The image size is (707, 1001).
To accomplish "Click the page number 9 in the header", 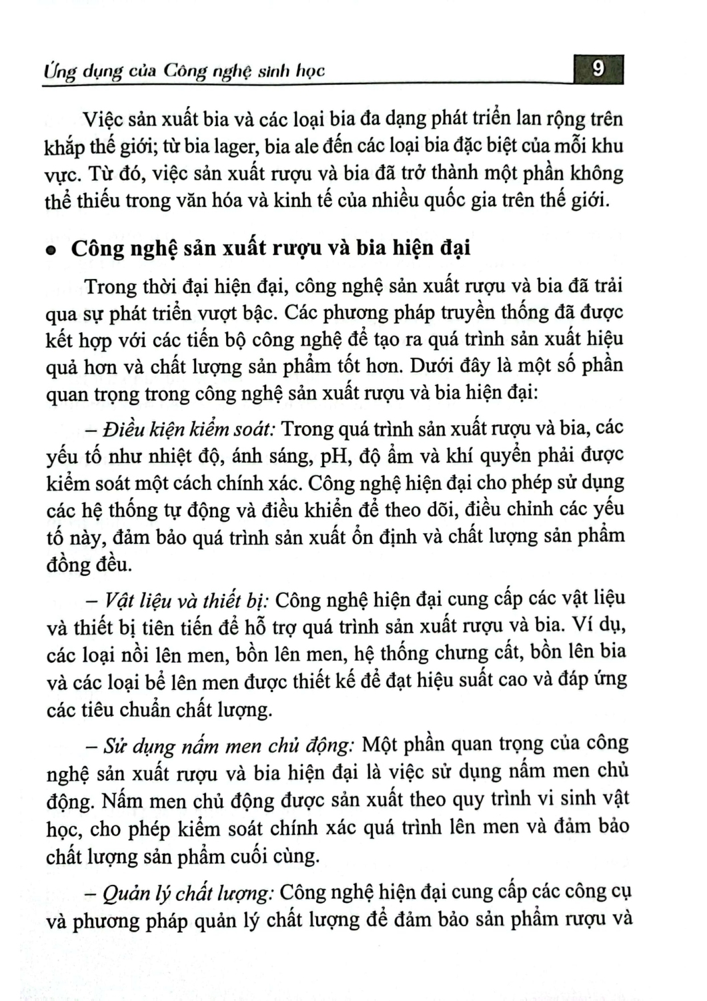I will click(598, 69).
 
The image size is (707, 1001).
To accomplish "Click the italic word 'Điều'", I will click(121, 428).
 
